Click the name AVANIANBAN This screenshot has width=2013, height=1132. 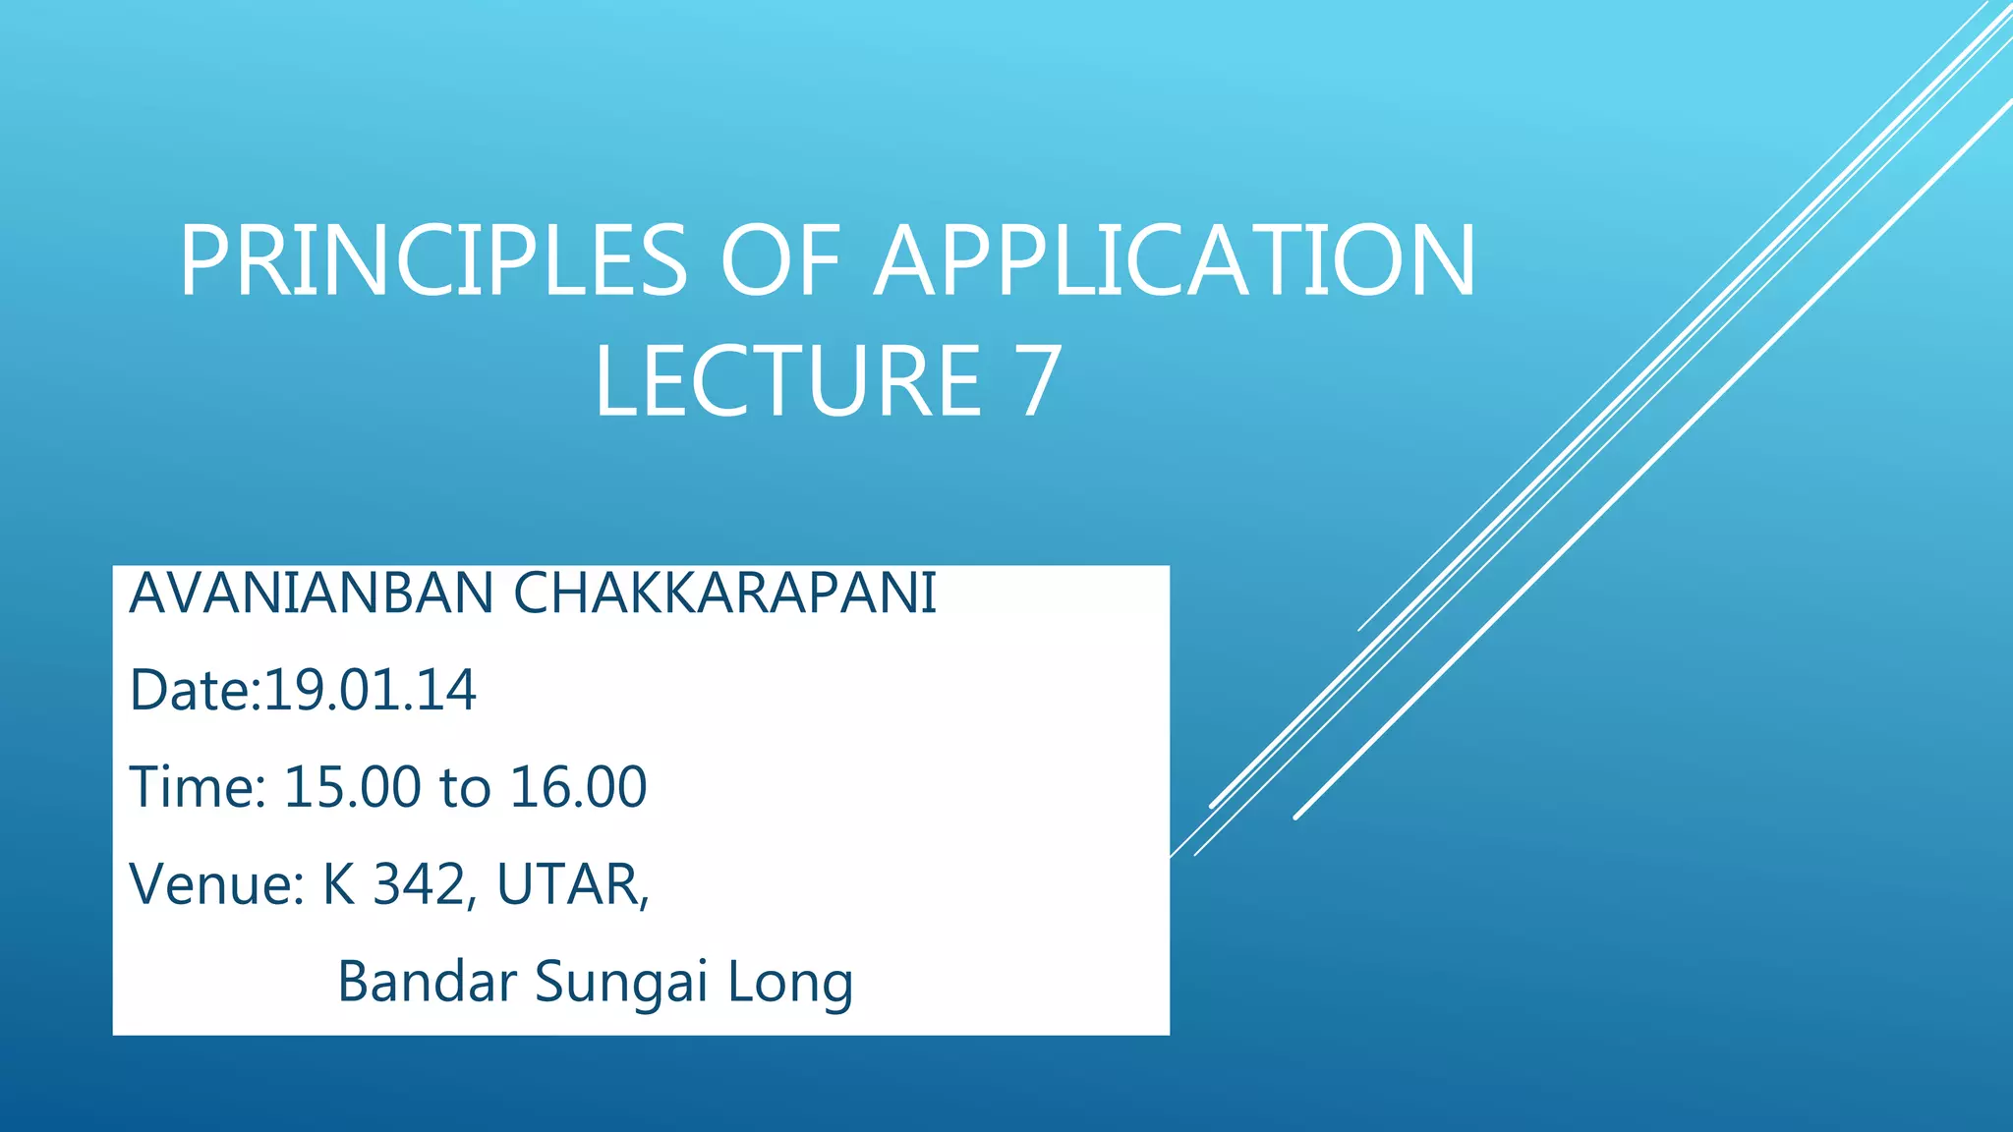(312, 594)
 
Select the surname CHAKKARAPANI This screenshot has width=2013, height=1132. (725, 594)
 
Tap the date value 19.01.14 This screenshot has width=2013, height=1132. (371, 690)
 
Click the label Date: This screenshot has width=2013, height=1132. (195, 690)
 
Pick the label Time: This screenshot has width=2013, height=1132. (198, 787)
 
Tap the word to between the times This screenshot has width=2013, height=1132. (465, 787)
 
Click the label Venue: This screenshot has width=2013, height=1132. (217, 884)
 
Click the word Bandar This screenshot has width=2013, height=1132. (427, 981)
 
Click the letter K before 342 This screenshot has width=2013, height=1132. (339, 884)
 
